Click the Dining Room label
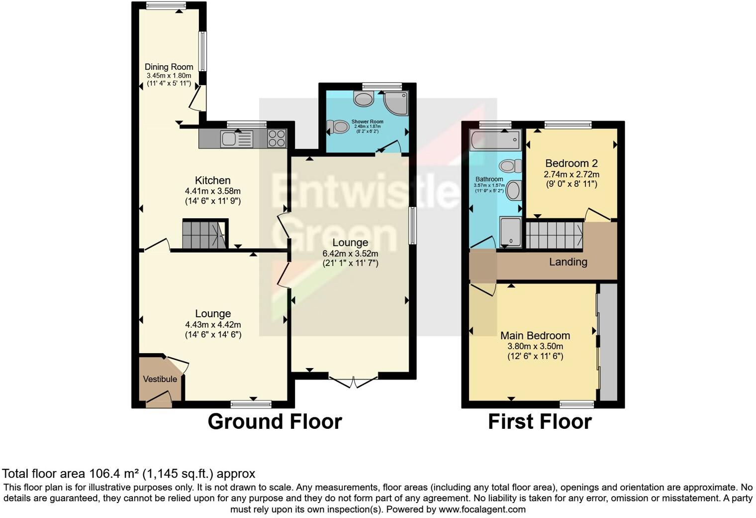tap(169, 67)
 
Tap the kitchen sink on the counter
tap(229, 139)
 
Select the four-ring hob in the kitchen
tap(277, 138)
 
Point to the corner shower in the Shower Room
tap(397, 103)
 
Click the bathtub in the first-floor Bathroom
tap(495, 140)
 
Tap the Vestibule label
tap(160, 379)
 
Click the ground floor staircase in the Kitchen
tap(204, 235)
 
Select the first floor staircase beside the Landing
tap(554, 235)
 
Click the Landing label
tap(568, 262)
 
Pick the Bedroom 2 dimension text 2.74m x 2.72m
tap(571, 174)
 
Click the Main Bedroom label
tap(535, 335)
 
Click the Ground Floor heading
tap(275, 421)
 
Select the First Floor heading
tap(540, 421)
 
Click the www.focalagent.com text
tap(481, 510)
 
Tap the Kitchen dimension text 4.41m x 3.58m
tap(212, 191)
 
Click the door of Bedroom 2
tap(597, 215)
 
